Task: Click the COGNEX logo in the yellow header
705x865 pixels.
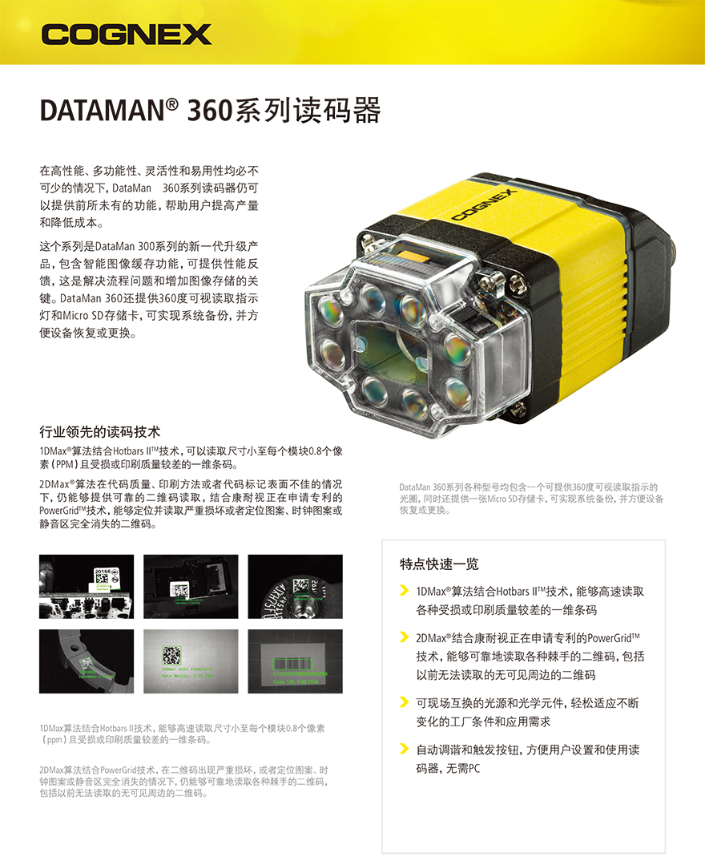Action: [127, 34]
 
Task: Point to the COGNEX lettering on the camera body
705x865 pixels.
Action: [484, 204]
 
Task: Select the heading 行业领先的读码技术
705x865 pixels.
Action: [100, 432]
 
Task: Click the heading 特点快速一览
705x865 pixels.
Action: [439, 564]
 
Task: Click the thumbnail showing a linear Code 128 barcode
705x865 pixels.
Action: [295, 661]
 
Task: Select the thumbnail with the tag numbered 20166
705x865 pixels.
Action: [87, 586]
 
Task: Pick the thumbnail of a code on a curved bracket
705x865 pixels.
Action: [87, 661]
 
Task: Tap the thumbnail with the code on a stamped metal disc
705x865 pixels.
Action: [295, 586]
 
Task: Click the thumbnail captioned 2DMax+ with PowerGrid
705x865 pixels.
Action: [191, 661]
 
